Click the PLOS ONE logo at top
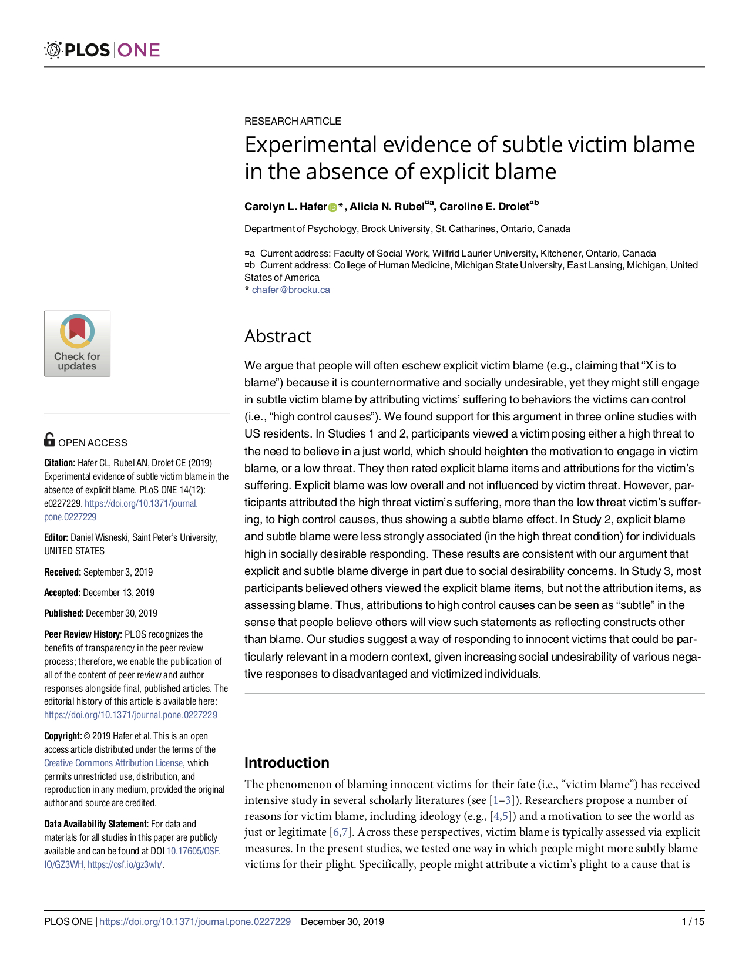click(102, 50)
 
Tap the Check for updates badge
click(77, 344)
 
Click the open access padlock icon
click(50, 440)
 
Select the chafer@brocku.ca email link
click(291, 290)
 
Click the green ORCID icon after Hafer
click(332, 207)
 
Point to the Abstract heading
click(278, 336)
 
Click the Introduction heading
click(287, 762)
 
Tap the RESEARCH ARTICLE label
click(293, 121)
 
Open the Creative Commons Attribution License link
click(113, 763)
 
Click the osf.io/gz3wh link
click(125, 864)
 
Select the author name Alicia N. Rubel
click(387, 207)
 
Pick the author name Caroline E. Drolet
click(484, 207)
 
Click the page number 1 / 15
click(693, 921)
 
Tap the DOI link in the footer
click(195, 921)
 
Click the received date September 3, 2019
click(118, 572)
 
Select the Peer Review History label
click(83, 634)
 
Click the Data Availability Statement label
click(96, 824)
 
